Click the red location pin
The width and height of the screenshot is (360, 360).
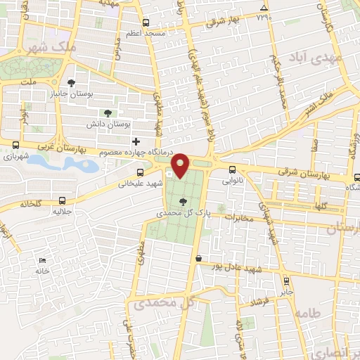[x=181, y=166]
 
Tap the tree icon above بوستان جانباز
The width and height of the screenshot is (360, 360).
[x=70, y=82]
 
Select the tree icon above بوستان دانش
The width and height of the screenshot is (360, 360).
[x=108, y=112]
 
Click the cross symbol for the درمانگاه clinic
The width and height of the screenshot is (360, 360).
[x=136, y=142]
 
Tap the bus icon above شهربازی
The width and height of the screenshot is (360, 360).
[x=14, y=146]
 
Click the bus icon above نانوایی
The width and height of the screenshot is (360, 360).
[x=232, y=169]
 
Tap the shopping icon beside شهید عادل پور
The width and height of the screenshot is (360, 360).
[x=199, y=259]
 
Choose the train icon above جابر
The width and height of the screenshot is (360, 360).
[x=286, y=278]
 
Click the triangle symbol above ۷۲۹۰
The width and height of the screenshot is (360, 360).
[x=263, y=8]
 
